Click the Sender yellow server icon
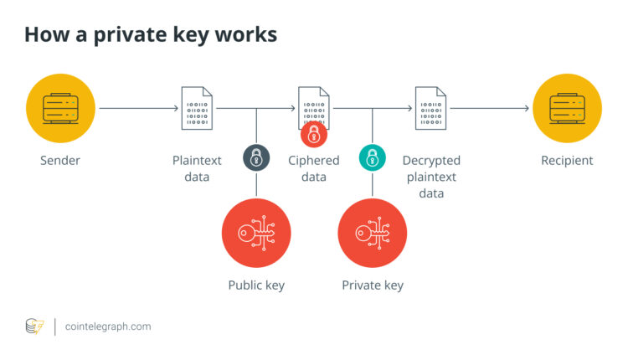coord(59,108)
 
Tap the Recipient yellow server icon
coord(566,108)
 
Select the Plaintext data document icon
coord(198,108)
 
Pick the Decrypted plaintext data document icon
coord(430,108)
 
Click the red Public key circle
coord(256,233)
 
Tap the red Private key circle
coord(373,233)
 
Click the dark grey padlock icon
coord(256,157)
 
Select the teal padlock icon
coord(373,157)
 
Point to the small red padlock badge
coord(314,134)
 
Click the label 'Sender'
coord(59,161)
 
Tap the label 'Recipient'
coord(566,161)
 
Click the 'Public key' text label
coord(256,285)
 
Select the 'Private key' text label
coord(373,285)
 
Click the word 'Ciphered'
coord(314,161)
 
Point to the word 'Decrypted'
coord(431,161)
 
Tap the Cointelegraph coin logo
coord(34,327)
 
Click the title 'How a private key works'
coord(151,35)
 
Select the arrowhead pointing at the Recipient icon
coord(526,108)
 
